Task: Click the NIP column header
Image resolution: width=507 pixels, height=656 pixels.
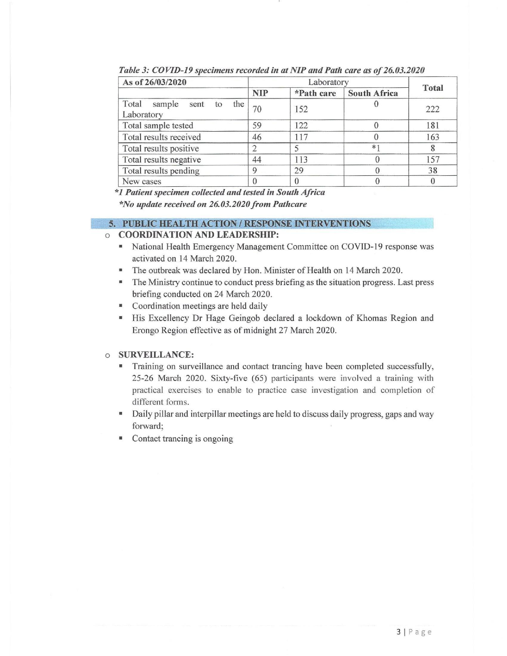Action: pyautogui.click(x=260, y=93)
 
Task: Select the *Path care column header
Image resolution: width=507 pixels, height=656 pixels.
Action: pyautogui.click(x=315, y=93)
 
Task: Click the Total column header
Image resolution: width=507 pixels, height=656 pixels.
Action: pyautogui.click(x=433, y=88)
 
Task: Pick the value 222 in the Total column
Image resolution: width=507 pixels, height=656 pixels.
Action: pyautogui.click(x=433, y=109)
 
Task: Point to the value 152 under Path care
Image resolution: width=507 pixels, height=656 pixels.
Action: pyautogui.click(x=301, y=109)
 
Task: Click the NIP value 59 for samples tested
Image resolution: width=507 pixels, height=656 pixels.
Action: pyautogui.click(x=257, y=125)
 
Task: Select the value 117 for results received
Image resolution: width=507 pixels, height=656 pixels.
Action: pyautogui.click(x=301, y=137)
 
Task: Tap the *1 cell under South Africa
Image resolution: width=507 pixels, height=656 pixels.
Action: pyautogui.click(x=376, y=148)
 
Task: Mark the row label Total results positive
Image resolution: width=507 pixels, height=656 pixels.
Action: pyautogui.click(x=161, y=148)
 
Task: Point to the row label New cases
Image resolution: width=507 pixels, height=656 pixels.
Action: pyautogui.click(x=142, y=182)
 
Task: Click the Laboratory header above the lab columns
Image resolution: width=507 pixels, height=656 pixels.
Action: pyautogui.click(x=328, y=82)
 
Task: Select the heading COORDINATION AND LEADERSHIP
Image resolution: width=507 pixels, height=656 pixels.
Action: pyautogui.click(x=199, y=234)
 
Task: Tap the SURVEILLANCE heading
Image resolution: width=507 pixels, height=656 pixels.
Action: pyautogui.click(x=156, y=355)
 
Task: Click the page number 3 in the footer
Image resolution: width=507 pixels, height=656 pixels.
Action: pyautogui.click(x=399, y=632)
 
